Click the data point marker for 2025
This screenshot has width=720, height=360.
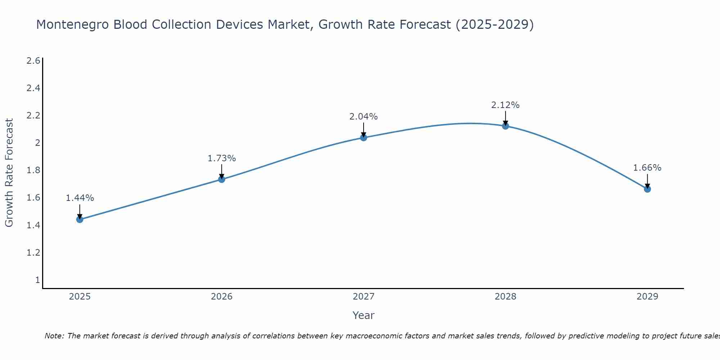coord(80,219)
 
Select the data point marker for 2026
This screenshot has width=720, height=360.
coord(222,179)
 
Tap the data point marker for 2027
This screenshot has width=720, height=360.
coord(364,138)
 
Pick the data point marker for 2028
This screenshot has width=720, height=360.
coord(505,126)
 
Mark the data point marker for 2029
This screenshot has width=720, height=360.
coord(647,189)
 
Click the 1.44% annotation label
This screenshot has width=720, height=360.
coord(80,198)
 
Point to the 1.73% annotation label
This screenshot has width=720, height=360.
coord(222,158)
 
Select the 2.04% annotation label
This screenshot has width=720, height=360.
coord(364,117)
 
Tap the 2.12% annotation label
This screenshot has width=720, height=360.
coord(505,105)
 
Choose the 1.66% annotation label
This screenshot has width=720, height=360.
coord(647,168)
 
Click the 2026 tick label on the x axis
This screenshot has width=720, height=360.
coord(222,297)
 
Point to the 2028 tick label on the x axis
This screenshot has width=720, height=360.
coord(505,297)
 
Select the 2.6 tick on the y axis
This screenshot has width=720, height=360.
coord(33,61)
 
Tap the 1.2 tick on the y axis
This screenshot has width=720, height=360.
coord(33,253)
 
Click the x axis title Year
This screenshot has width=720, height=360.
coord(364,315)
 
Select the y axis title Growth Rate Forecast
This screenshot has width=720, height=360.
coord(9,173)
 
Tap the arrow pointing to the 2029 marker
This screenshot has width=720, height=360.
coord(647,181)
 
